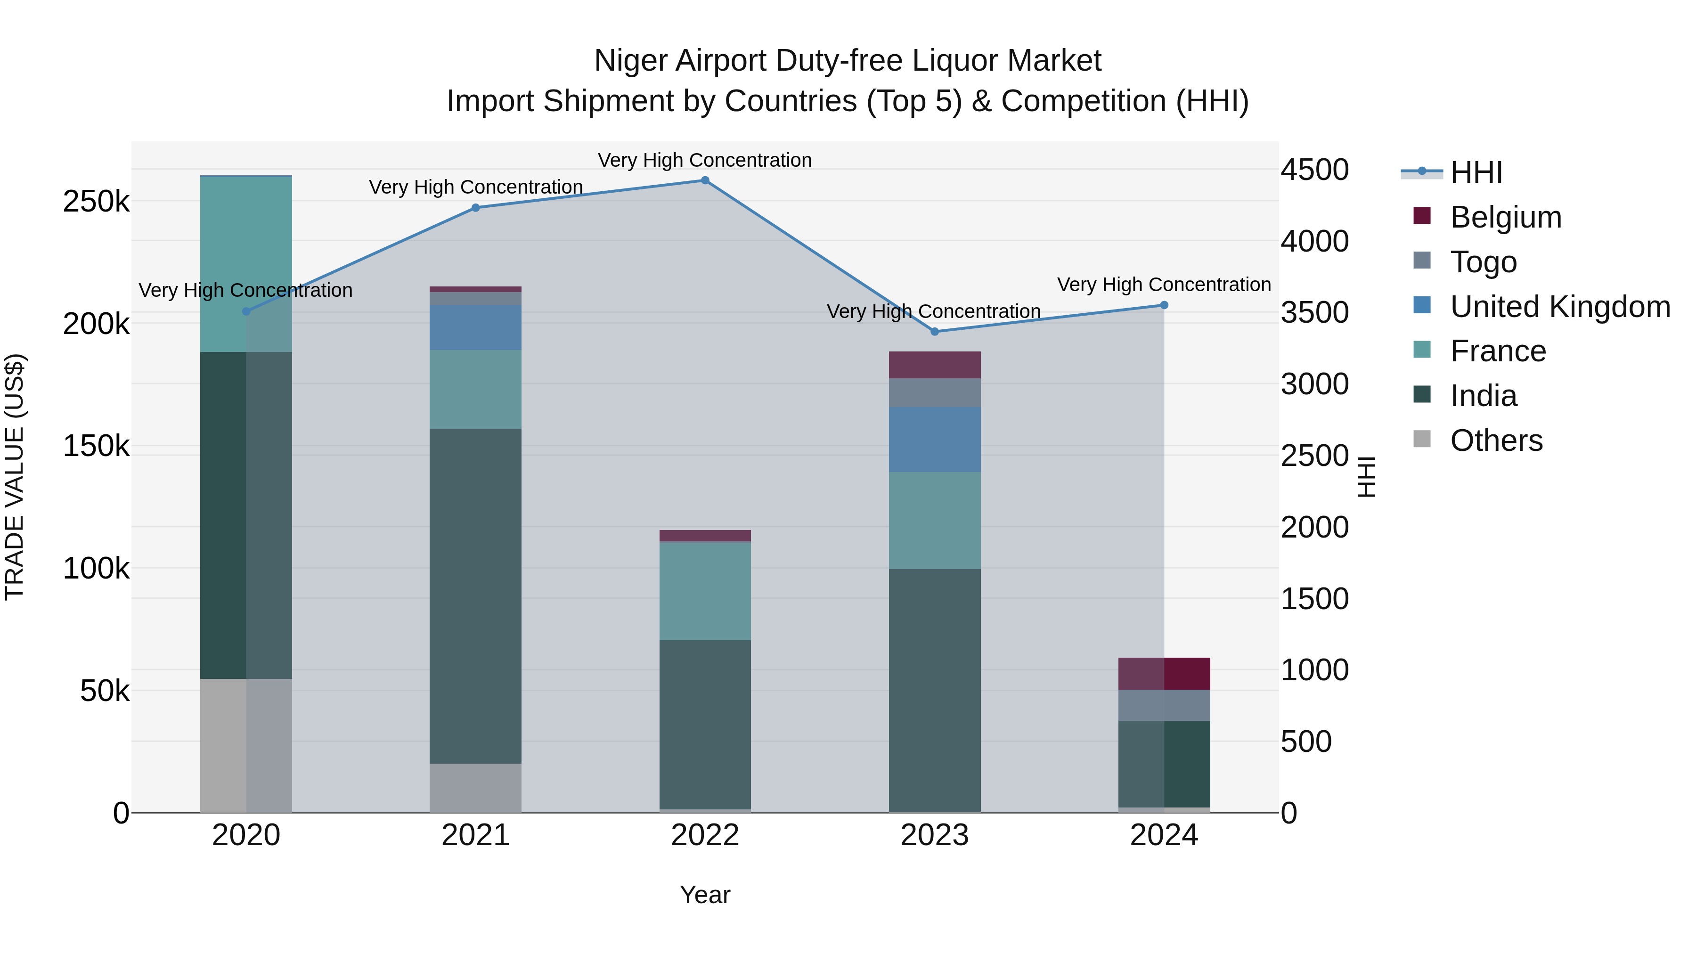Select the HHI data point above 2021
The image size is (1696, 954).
[475, 208]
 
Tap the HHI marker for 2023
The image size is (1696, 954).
[934, 332]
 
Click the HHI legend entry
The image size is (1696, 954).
[1476, 172]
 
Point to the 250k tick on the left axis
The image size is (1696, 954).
[96, 202]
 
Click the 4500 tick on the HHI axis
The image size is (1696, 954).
[1314, 170]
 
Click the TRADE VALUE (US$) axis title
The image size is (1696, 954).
[15, 477]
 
